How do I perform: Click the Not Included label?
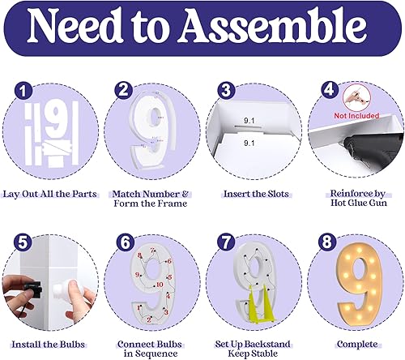tap(359, 115)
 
